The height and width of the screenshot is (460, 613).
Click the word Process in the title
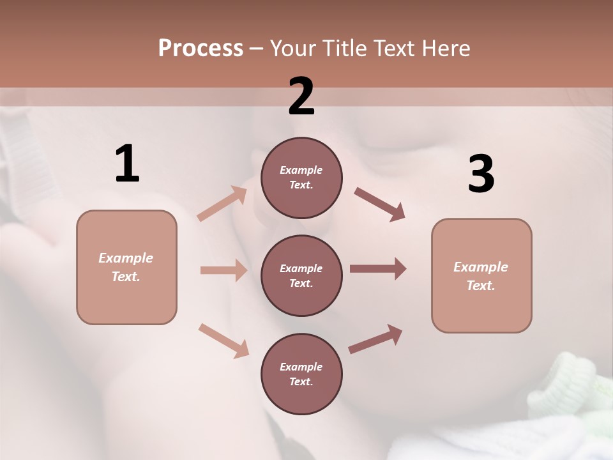201,48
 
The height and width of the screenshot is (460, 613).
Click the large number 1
127,164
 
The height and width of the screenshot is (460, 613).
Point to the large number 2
301,96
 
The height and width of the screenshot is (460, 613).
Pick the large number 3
481,174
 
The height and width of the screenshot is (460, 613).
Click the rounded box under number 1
126,267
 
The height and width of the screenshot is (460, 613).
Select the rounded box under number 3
481,276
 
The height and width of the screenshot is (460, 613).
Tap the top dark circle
301,177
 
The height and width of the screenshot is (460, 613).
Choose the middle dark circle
301,275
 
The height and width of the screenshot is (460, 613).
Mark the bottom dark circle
301,374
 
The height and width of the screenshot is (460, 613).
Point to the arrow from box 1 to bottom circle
223,340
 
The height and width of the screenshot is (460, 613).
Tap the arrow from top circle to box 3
379,204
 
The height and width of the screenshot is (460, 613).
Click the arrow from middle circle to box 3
378,269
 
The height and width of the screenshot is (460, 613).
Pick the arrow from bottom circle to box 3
375,339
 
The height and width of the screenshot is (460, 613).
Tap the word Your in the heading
293,48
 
